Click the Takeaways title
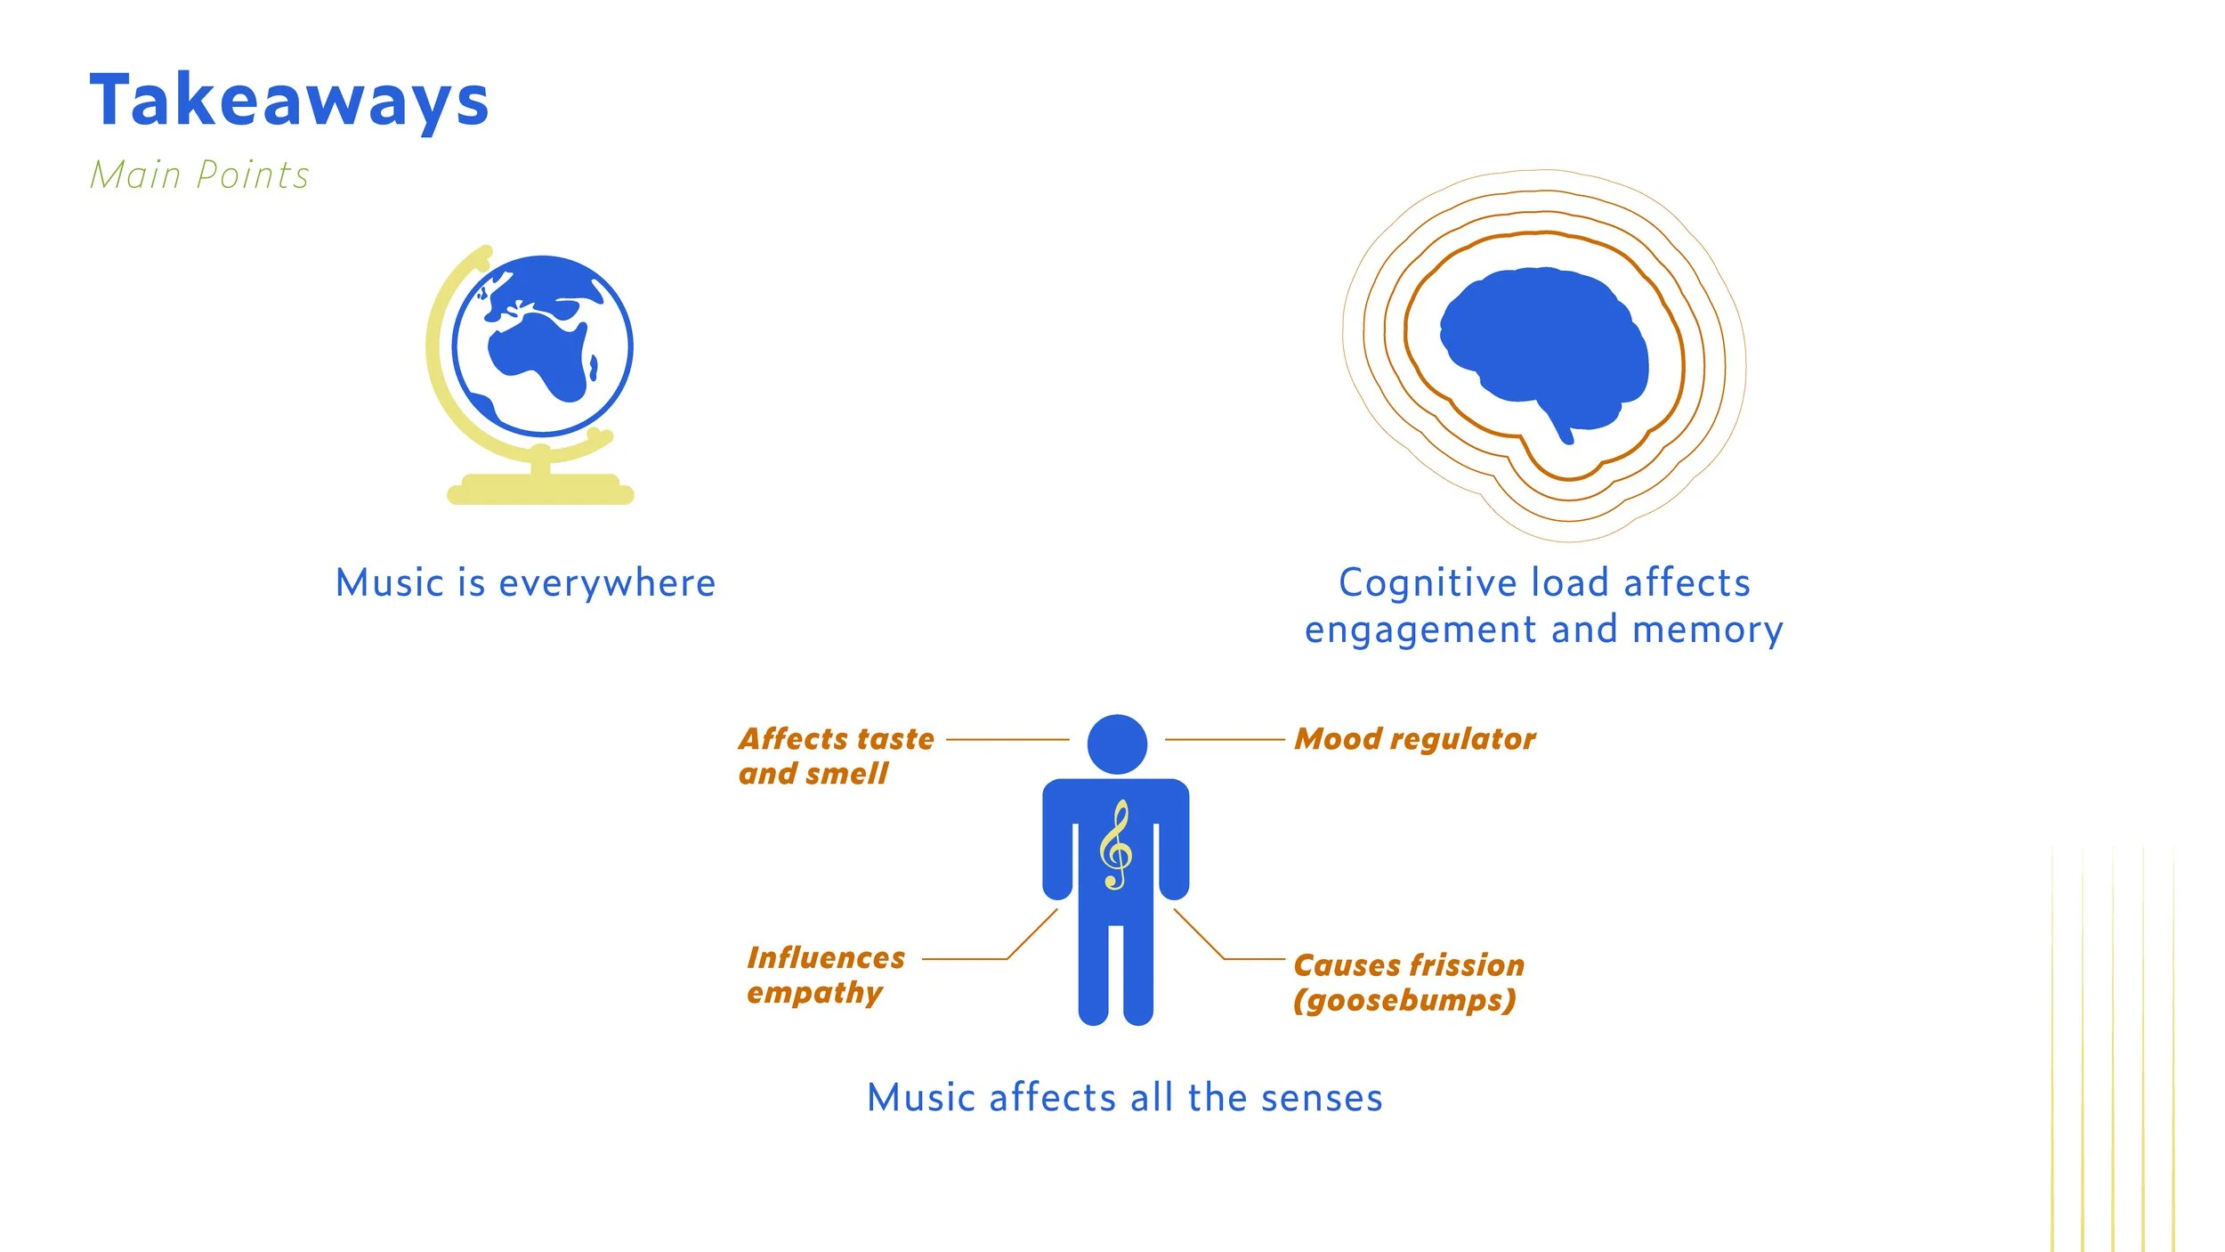(289, 101)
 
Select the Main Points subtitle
(199, 175)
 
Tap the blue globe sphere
(542, 346)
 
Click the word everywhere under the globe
(607, 584)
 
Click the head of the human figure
(1117, 744)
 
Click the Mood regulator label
(1414, 739)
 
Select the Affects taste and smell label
(836, 756)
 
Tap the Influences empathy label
(825, 975)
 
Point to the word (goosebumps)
(1404, 1001)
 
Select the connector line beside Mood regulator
(1224, 739)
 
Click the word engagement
(1420, 630)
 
